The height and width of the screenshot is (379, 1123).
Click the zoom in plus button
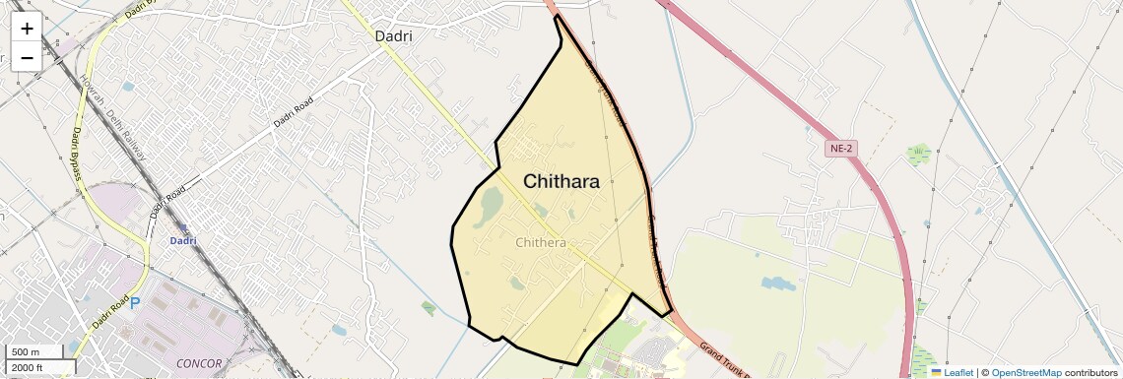tap(27, 29)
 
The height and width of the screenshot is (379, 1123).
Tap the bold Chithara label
tap(561, 181)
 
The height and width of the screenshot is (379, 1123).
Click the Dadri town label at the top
tap(393, 36)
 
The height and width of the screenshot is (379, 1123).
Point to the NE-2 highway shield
tap(839, 149)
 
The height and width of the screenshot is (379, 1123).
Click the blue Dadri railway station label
tap(183, 240)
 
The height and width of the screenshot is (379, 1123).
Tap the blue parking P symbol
tap(136, 304)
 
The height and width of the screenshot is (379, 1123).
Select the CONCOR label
tap(200, 363)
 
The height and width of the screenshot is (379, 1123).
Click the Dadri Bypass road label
tap(75, 154)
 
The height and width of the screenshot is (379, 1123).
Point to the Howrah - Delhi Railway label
tap(114, 117)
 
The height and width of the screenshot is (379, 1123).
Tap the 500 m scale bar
tap(38, 352)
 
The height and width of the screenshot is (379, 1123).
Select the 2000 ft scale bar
tap(38, 367)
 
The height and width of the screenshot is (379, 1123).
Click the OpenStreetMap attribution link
tap(1025, 372)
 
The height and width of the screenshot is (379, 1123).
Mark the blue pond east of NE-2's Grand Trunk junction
tap(777, 284)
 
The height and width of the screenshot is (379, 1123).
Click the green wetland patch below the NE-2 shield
tap(919, 155)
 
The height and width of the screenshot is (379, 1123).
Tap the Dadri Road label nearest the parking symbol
tap(111, 313)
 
